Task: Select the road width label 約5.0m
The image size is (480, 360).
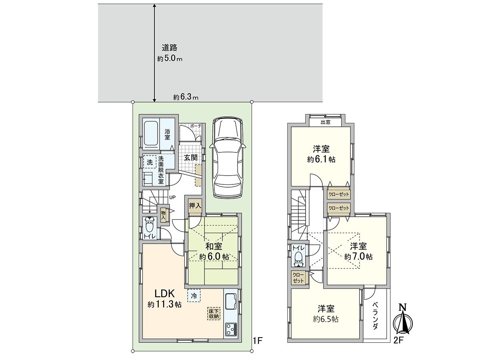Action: click(170, 58)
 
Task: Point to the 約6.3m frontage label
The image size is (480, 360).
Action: click(186, 97)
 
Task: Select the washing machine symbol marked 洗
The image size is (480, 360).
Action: click(149, 162)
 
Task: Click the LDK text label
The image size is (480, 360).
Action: click(159, 294)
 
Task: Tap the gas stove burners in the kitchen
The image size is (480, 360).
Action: click(231, 330)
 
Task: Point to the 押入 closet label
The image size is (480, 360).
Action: click(195, 206)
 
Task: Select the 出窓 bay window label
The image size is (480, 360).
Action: click(325, 122)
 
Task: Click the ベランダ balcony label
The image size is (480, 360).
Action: click(375, 316)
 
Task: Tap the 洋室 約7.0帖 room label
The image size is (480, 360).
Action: click(358, 251)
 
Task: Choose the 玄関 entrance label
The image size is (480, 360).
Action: click(191, 158)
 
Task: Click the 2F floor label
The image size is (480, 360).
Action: click(398, 341)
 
